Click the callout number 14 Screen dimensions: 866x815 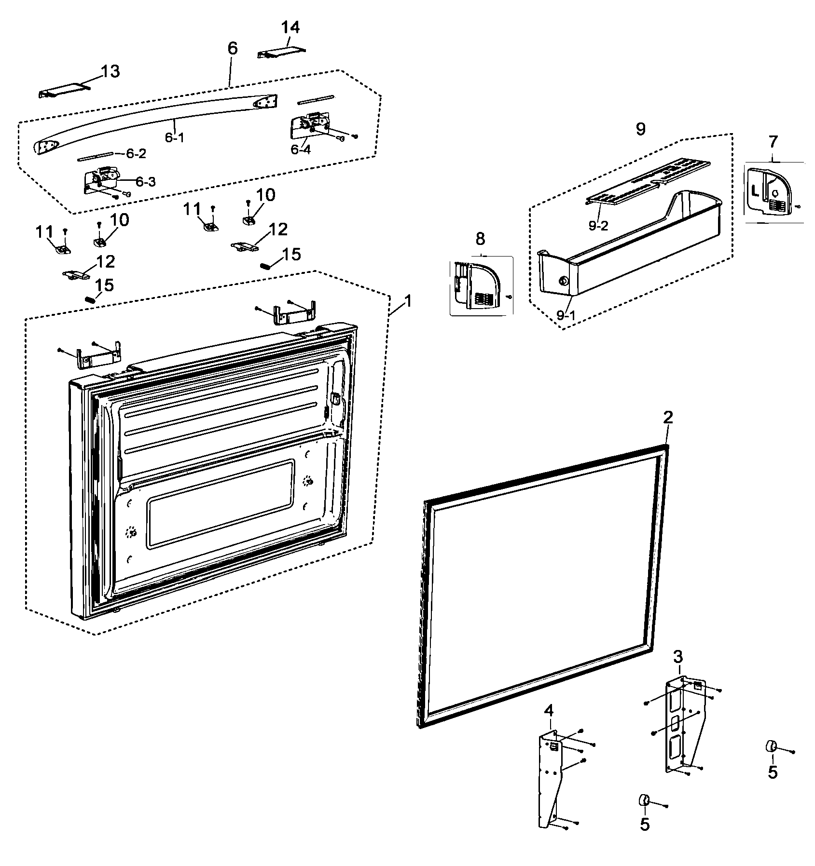[x=290, y=28]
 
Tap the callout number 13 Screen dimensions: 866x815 [x=110, y=71]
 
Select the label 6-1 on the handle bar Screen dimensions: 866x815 [x=175, y=137]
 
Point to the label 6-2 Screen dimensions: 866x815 [x=136, y=154]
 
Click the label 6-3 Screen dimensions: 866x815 [x=145, y=182]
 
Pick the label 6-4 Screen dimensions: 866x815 [x=301, y=149]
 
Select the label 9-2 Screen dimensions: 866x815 [x=598, y=225]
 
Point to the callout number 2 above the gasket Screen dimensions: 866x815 [x=668, y=418]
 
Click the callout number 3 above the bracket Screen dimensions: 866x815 [x=678, y=656]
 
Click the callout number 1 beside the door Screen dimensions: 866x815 [x=408, y=302]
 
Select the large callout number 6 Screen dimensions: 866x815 [x=233, y=49]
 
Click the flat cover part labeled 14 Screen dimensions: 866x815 [x=281, y=53]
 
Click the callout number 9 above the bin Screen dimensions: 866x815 [x=640, y=129]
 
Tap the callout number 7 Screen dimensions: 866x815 [x=773, y=142]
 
